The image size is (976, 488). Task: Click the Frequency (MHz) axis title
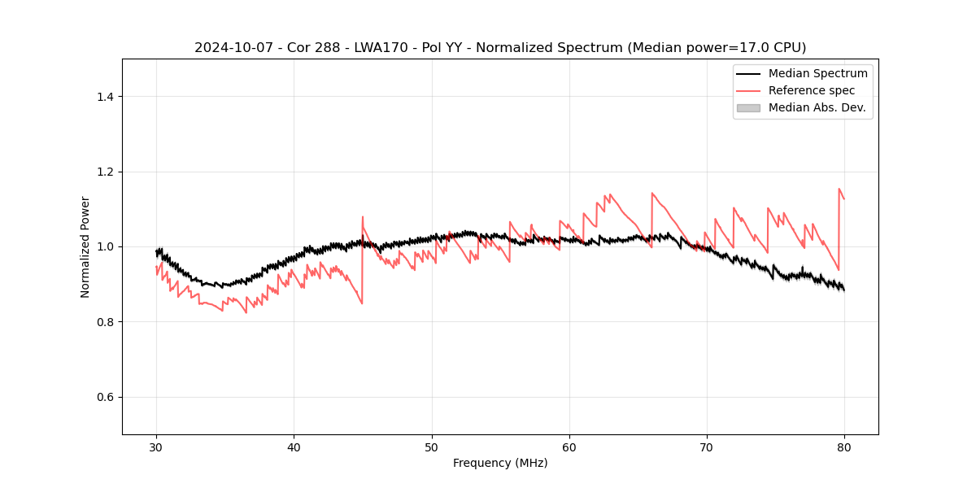click(500, 463)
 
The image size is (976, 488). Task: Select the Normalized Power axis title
click(85, 246)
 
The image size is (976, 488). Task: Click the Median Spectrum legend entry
click(817, 73)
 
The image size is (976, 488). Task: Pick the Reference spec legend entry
click(812, 90)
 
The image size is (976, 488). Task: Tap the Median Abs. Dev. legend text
click(817, 107)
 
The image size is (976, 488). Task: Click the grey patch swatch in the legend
click(748, 107)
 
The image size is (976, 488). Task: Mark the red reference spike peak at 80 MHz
click(839, 189)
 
